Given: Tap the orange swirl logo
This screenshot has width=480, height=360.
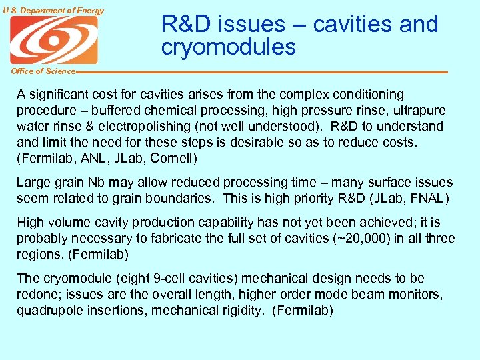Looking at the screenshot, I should click(x=53, y=40).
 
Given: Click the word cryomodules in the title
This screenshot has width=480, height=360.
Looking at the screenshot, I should click(x=228, y=47).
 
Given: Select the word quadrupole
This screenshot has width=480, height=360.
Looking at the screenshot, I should click(x=48, y=311).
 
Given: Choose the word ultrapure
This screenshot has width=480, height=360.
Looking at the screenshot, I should click(x=418, y=111).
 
